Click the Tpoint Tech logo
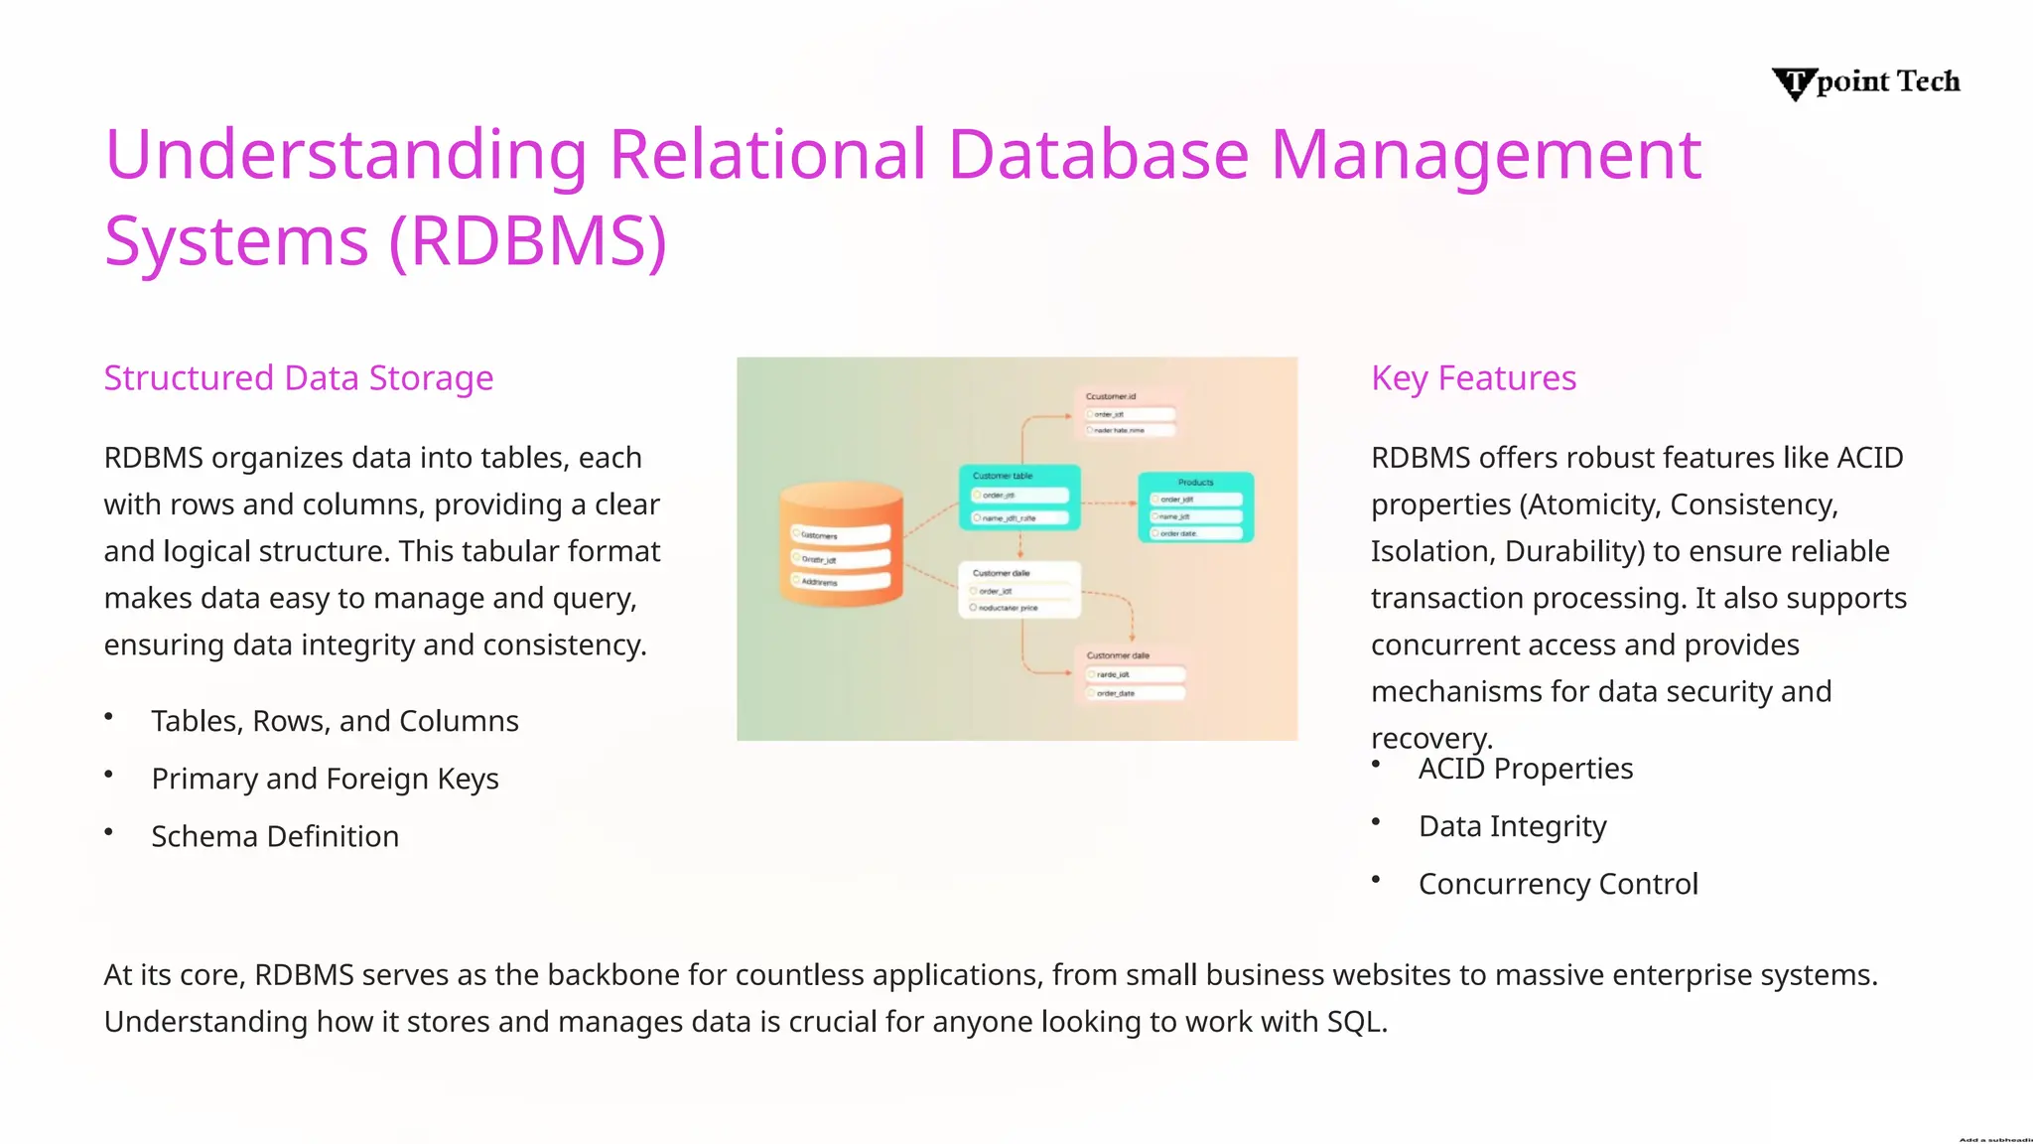1865,82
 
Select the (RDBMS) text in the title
527,241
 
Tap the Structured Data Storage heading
298,378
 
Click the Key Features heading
1473,378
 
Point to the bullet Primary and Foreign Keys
325,779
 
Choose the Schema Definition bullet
275,836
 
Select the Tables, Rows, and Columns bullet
335,721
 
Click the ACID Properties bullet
1525,769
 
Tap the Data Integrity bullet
1512,826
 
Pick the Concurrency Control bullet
1558,884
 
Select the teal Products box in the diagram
1195,506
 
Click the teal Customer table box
1018,497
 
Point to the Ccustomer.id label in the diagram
1111,396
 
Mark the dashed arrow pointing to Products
1109,502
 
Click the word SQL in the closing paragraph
1353,1022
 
